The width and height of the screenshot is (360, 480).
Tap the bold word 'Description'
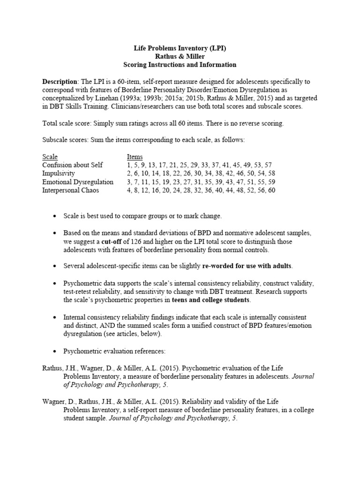pyautogui.click(x=59, y=81)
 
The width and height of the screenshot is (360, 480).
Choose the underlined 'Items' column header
pyautogui.click(x=135, y=157)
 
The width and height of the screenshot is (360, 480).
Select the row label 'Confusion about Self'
pyautogui.click(x=73, y=165)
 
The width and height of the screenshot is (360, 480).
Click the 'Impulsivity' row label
pyautogui.click(x=59, y=173)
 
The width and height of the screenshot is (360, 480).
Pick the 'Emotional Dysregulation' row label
pyautogui.click(x=78, y=182)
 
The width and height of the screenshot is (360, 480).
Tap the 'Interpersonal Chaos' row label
pyautogui.click(x=70, y=190)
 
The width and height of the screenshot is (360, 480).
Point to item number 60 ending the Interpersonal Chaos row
pyautogui.click(x=271, y=190)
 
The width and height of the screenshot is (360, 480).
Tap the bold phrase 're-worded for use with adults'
pyautogui.click(x=247, y=266)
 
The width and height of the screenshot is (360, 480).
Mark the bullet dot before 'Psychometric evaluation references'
pyautogui.click(x=55, y=350)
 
